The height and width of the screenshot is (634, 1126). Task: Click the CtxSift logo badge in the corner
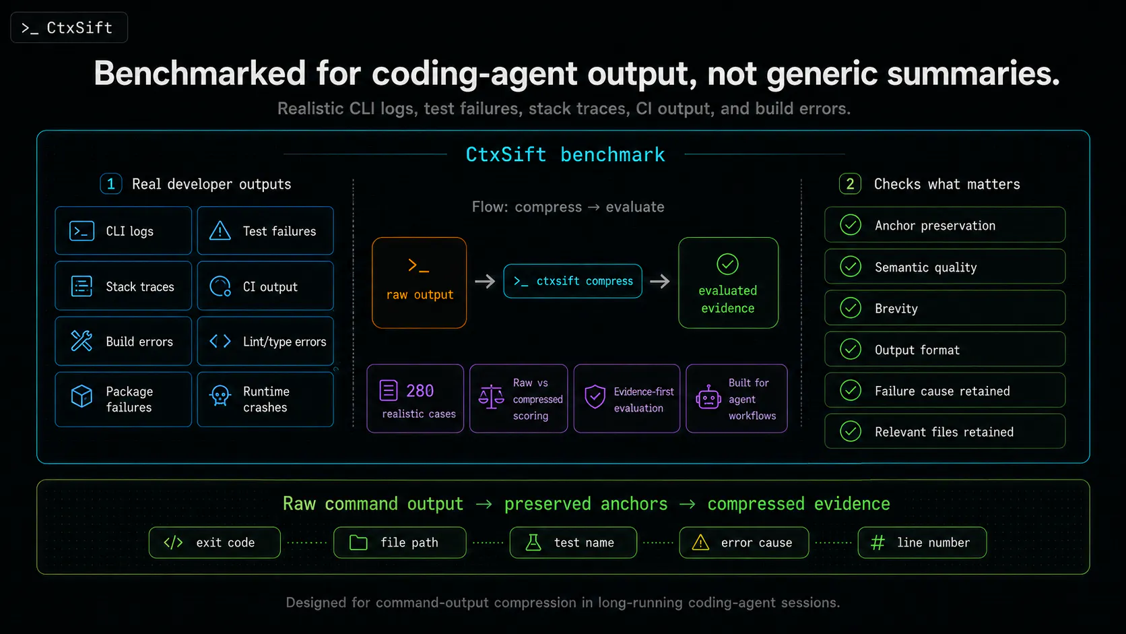(x=69, y=28)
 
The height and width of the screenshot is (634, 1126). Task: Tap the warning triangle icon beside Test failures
(x=220, y=231)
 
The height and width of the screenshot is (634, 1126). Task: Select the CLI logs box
(x=123, y=231)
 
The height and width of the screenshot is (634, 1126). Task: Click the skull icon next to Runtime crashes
(x=220, y=396)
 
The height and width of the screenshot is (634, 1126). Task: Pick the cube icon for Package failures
(x=81, y=396)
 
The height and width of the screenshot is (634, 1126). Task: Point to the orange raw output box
(x=420, y=282)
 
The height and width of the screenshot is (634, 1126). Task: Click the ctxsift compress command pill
(x=572, y=281)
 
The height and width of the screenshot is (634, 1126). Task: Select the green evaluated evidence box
(x=728, y=282)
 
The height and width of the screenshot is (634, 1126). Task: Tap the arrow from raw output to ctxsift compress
(x=485, y=281)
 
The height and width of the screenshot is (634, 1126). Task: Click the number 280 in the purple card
(x=420, y=391)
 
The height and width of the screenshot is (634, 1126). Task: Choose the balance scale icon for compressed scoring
(x=491, y=398)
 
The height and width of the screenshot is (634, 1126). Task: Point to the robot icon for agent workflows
(x=708, y=398)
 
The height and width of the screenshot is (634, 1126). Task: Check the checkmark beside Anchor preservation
(x=851, y=225)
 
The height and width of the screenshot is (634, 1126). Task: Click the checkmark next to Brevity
(x=851, y=308)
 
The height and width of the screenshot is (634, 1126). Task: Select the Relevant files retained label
(x=944, y=432)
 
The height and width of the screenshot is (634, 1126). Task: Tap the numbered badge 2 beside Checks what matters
(x=850, y=184)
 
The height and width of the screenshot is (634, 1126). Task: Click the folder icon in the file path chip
(x=358, y=542)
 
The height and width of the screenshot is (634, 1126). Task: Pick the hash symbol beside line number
(x=877, y=542)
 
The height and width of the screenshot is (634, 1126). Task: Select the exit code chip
(x=215, y=542)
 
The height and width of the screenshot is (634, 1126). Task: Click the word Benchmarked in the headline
(x=199, y=73)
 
